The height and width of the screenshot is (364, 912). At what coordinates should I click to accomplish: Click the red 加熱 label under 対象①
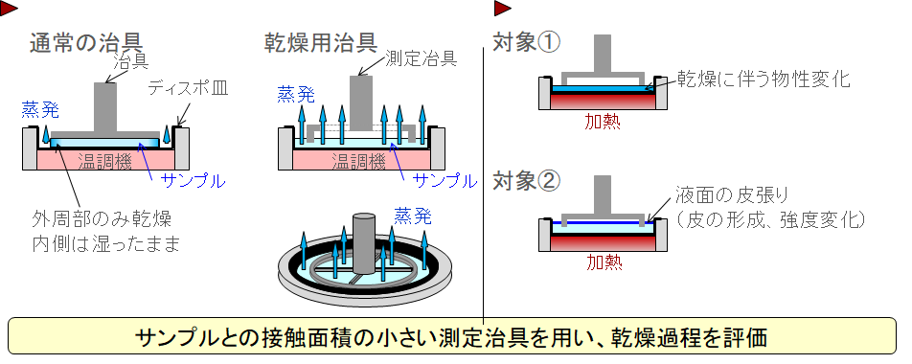point(603,123)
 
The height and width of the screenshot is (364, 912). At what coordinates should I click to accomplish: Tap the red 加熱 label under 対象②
point(603,261)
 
